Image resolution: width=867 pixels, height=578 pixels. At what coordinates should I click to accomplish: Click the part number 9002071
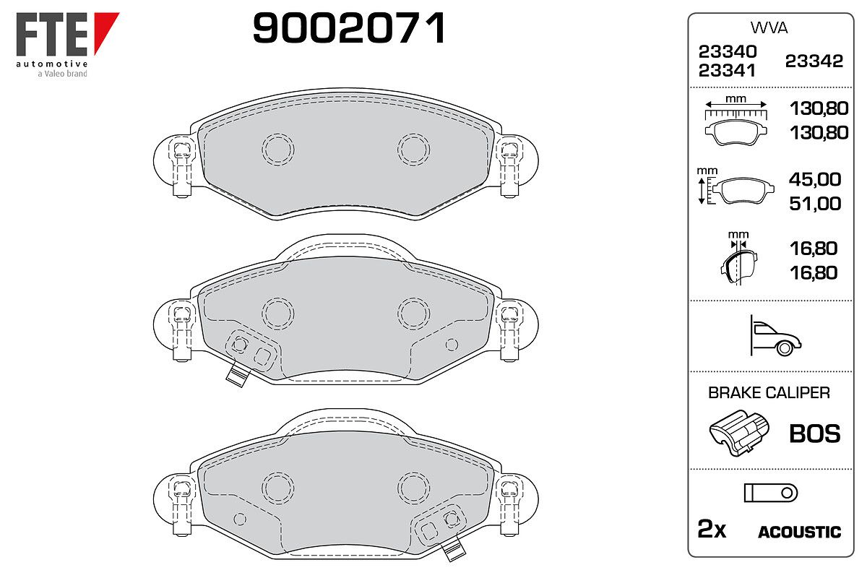point(349,27)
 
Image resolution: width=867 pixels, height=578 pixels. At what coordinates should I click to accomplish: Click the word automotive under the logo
point(52,64)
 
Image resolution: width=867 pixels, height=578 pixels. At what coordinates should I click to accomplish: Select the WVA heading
point(769,28)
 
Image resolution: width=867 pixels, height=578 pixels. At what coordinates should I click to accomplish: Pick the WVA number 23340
point(728,51)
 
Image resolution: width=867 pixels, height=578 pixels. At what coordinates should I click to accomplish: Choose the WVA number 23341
point(727,71)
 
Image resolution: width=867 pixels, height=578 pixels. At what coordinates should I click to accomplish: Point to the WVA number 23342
point(814,61)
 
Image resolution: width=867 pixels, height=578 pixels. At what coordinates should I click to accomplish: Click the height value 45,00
point(815,179)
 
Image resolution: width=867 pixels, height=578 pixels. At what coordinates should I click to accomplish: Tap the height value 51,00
point(815,204)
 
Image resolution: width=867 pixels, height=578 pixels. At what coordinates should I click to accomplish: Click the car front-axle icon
point(775,336)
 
